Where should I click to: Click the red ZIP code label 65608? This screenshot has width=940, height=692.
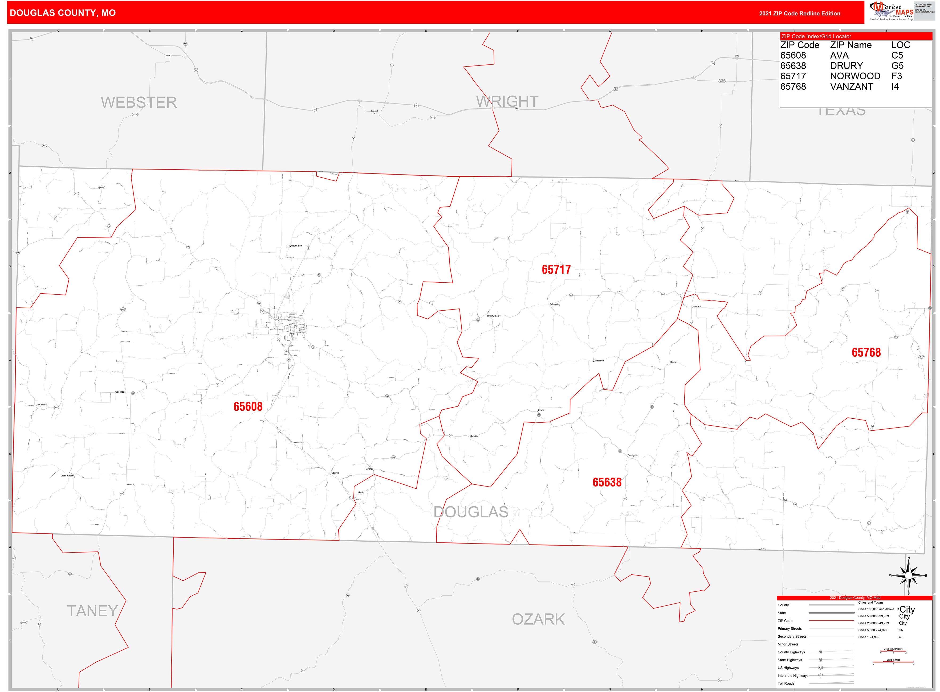tap(248, 407)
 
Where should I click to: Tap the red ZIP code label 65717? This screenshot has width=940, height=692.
tap(556, 270)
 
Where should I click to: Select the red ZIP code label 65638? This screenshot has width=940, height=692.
tap(607, 482)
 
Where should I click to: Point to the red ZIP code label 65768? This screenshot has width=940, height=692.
tap(866, 353)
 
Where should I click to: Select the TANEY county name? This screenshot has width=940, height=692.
tap(92, 611)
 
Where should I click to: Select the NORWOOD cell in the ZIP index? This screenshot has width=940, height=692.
tap(854, 76)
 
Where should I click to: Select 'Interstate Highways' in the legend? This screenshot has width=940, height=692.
tap(793, 676)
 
